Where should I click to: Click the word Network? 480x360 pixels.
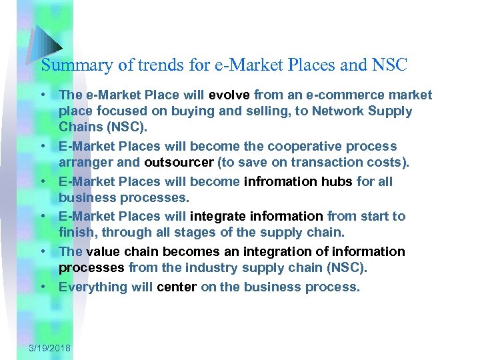pyautogui.click(x=313, y=111)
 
